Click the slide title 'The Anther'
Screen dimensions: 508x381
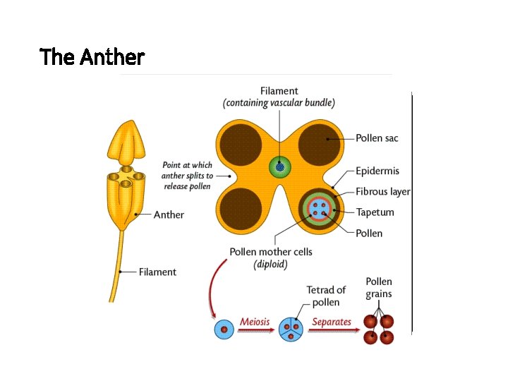[92, 56]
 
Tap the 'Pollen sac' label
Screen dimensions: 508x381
[377, 138]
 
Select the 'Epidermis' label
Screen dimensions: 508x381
[377, 171]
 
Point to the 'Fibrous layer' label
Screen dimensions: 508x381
[383, 191]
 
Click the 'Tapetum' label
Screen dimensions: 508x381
[375, 212]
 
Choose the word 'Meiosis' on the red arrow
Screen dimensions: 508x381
[255, 322]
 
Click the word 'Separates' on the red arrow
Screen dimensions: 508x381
[332, 322]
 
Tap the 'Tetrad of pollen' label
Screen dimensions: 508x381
[326, 296]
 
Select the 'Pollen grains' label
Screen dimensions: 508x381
[379, 288]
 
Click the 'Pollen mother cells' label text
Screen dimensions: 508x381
[271, 252]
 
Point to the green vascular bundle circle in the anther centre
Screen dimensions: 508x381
[279, 167]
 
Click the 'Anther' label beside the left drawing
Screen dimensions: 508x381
[169, 214]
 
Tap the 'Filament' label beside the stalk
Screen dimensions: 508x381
[157, 272]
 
